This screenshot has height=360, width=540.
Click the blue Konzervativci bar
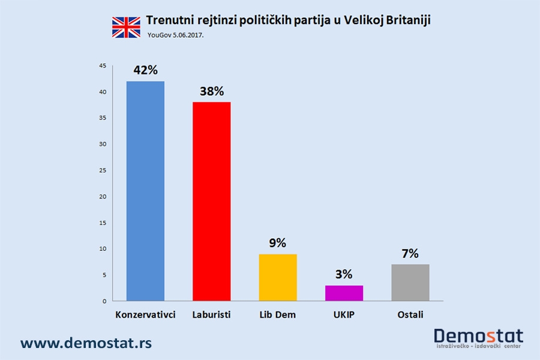(145, 191)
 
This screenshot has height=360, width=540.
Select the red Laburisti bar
(211, 201)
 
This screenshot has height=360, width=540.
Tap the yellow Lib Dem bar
(278, 277)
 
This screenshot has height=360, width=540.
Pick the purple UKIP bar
(344, 293)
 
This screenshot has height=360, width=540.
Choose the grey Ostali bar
(410, 282)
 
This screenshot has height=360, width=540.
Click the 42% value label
(145, 70)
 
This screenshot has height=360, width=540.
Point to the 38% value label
(211, 91)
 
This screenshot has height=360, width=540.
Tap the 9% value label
(278, 243)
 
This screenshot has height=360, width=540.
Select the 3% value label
(344, 275)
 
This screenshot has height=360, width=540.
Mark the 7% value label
(410, 254)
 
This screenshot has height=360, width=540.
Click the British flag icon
(126, 27)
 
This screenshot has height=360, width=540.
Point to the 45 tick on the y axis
(103, 65)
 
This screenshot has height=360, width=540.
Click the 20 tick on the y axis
(103, 196)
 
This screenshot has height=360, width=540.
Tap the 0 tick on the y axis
(104, 301)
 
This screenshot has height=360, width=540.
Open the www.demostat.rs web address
(86, 343)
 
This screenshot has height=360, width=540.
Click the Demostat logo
(478, 338)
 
